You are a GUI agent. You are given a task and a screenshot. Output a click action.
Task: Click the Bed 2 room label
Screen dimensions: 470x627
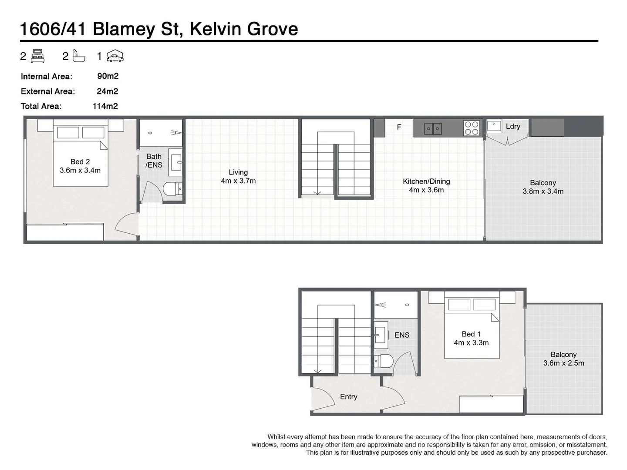coord(80,166)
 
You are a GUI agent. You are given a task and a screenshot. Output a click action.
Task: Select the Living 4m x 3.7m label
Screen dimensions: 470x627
coord(238,176)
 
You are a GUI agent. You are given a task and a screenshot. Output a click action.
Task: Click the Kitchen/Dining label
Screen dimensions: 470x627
coord(426,185)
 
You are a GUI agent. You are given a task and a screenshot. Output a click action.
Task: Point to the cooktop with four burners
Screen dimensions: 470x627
coord(472,128)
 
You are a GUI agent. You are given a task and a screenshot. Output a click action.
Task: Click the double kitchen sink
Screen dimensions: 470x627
coord(433,129)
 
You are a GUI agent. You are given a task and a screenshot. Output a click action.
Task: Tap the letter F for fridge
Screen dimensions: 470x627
coord(399,127)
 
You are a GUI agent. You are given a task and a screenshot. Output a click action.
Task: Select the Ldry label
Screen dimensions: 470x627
coord(513,126)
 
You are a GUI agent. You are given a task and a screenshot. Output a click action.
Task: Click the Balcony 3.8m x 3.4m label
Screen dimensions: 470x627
coord(543,187)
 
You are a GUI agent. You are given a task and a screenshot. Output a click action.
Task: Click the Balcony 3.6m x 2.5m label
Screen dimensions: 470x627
coord(563,359)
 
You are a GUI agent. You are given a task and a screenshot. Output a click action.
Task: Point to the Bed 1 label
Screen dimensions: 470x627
coord(471,338)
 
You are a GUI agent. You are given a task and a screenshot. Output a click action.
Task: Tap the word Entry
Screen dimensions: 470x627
coord(348,396)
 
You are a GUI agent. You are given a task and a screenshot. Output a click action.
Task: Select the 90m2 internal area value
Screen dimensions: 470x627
coord(108,76)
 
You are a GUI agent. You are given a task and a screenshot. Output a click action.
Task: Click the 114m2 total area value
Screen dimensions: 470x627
coord(105,106)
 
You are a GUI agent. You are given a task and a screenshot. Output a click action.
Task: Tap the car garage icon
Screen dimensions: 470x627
coord(115,56)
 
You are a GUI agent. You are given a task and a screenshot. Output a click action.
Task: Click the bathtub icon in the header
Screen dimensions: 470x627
coord(78,56)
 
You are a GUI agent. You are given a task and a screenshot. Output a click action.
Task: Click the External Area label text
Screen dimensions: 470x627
coord(48,91)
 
